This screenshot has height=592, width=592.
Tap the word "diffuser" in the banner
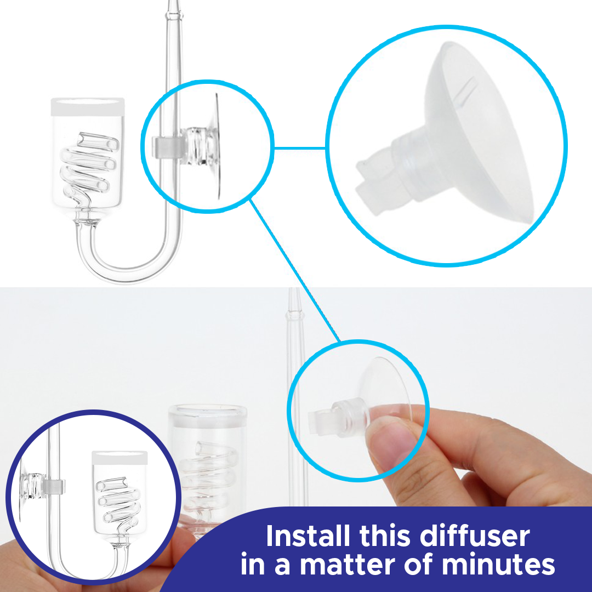[x=475, y=536]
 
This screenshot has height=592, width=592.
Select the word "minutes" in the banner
[x=498, y=565]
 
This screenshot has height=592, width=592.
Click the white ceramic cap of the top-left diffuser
[x=88, y=107]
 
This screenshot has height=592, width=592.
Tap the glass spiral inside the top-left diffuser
[x=89, y=167]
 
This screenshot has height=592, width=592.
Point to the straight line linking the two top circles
[x=299, y=148]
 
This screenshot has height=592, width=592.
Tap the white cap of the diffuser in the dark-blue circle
[x=119, y=458]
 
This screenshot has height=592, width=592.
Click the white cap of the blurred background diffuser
[x=207, y=416]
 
